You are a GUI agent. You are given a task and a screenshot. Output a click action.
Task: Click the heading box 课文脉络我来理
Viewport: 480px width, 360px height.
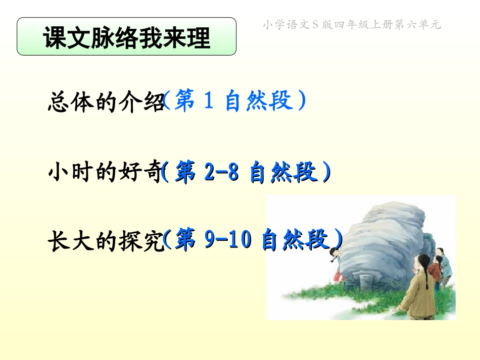(x=126, y=36)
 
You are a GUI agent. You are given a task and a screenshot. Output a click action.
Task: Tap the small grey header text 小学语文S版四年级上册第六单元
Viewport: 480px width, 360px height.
(x=352, y=25)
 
